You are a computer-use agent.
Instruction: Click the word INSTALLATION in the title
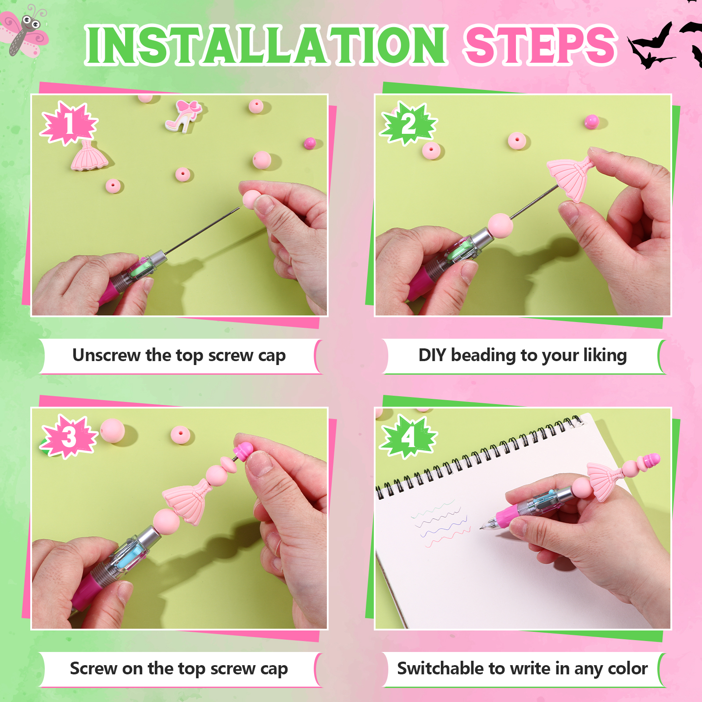[x=266, y=45]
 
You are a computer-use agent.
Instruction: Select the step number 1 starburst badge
[x=69, y=123]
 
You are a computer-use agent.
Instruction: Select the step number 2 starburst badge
[x=408, y=123]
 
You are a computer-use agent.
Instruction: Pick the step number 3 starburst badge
[x=69, y=437]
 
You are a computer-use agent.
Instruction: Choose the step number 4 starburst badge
[x=408, y=437]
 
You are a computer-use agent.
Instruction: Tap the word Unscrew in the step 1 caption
[x=106, y=355]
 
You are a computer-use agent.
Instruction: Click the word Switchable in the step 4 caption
[x=440, y=668]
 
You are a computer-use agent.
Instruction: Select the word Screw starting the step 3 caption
[x=93, y=669]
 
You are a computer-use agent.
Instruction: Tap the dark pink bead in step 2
[x=591, y=122]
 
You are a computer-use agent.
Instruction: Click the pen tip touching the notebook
[x=482, y=527]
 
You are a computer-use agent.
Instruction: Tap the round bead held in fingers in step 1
[x=251, y=200]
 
